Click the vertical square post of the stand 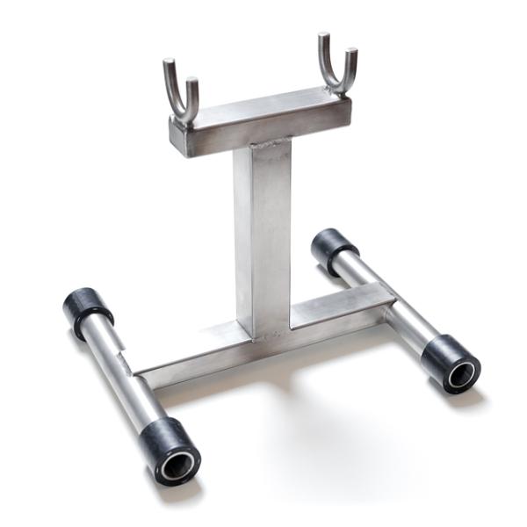262,237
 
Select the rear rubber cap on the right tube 333,248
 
